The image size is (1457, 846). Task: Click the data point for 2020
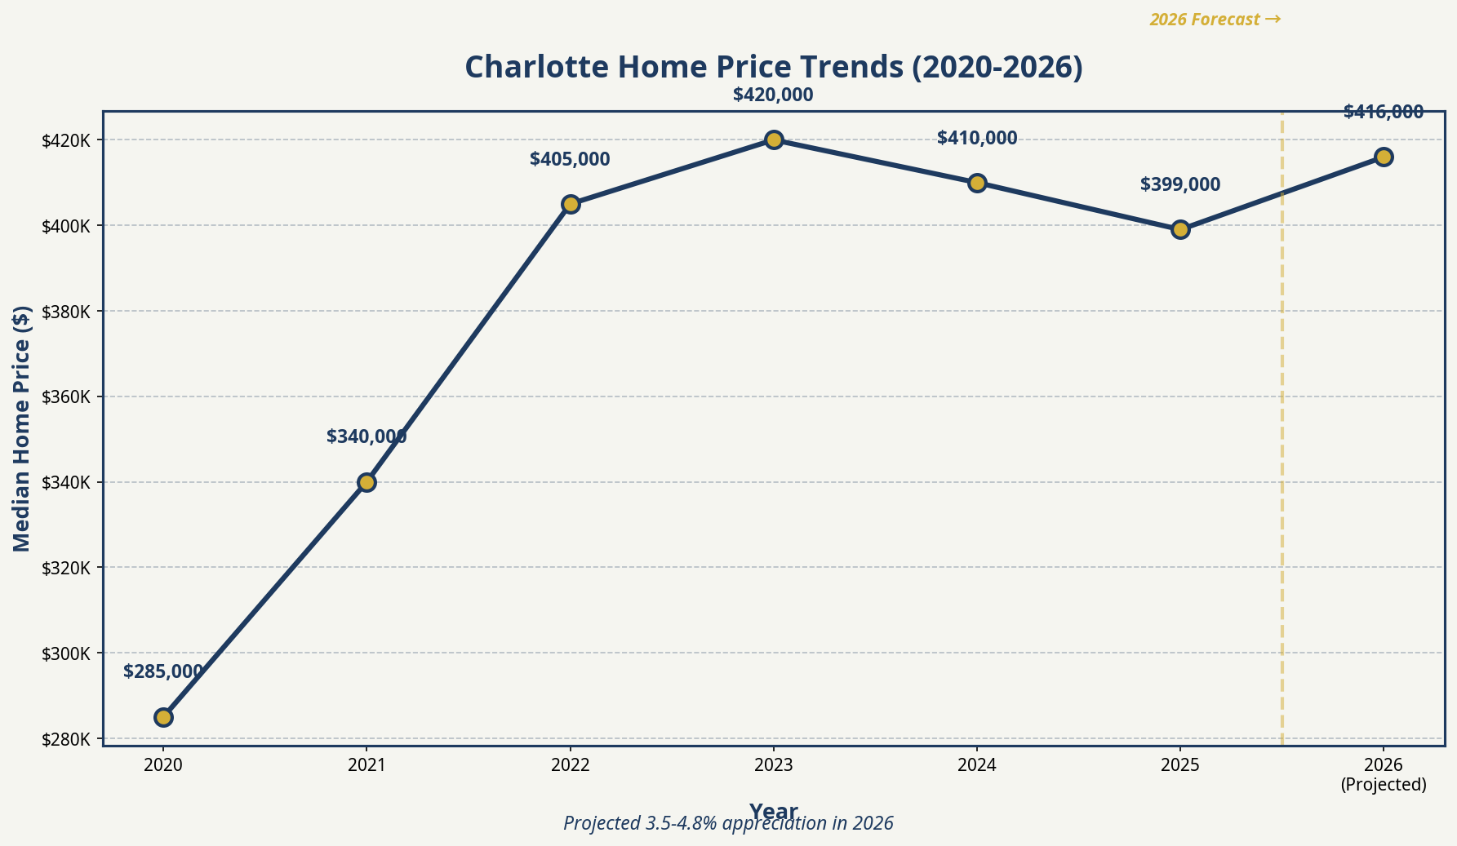coord(163,717)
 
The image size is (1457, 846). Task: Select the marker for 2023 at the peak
coord(774,140)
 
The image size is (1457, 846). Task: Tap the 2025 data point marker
coord(1180,229)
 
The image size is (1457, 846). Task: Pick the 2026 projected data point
coord(1384,157)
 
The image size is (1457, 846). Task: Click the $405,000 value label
coord(570,160)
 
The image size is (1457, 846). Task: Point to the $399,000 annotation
coord(1180,185)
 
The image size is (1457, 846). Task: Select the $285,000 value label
coord(163,672)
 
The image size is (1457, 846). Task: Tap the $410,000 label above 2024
coord(977,139)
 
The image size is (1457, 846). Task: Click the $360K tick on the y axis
coord(68,397)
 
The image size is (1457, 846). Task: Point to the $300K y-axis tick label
coord(68,653)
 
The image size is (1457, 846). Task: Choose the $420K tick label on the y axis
coord(68,140)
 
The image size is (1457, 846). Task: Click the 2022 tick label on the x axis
coord(571,765)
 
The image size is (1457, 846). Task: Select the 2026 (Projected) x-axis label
coord(1384,775)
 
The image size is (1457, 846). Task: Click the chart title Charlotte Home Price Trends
coord(774,68)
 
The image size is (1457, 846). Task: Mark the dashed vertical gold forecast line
coord(1282,489)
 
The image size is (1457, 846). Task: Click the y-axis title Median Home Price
coord(23,428)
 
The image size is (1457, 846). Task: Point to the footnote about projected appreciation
coord(728,824)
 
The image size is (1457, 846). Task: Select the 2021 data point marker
coord(366,482)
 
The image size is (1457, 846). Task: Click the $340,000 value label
coord(366,437)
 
